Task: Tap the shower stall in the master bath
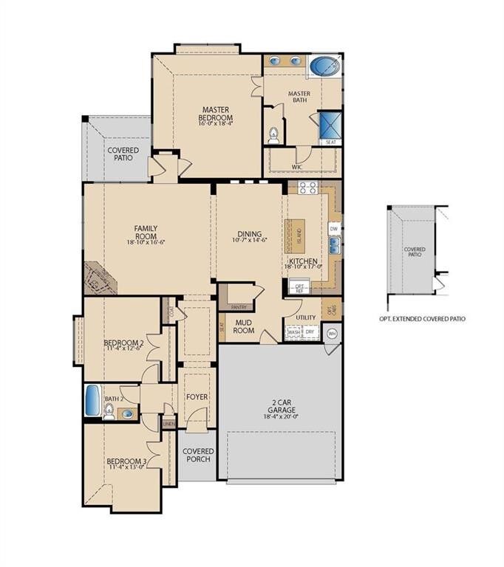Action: (330, 124)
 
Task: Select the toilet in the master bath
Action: (273, 134)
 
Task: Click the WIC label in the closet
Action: (296, 168)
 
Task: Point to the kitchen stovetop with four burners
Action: (307, 188)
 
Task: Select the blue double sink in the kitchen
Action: (334, 248)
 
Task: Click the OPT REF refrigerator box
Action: (299, 286)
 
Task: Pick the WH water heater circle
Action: (332, 334)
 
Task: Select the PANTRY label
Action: (238, 306)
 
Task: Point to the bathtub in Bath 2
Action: (92, 401)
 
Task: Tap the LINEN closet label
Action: (169, 424)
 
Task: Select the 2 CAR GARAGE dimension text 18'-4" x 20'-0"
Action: (280, 416)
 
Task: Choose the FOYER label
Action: (197, 397)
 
